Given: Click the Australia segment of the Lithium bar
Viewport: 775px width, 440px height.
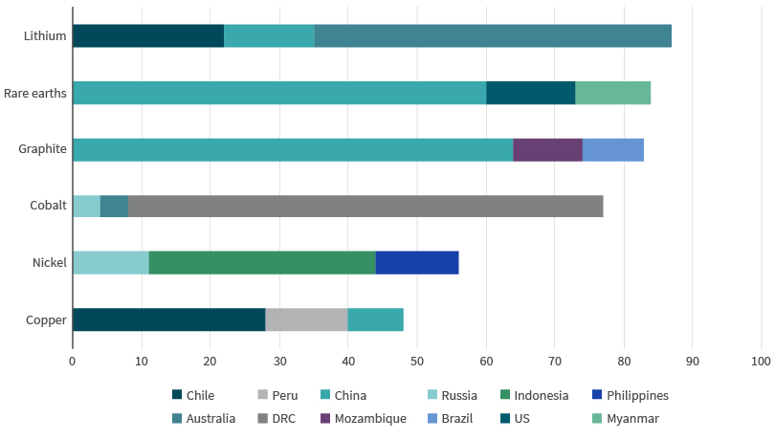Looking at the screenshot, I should pyautogui.click(x=493, y=36).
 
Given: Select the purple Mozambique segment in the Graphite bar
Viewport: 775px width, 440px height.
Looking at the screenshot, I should pyautogui.click(x=547, y=149).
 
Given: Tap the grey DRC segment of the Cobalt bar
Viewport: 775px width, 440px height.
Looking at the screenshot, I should pyautogui.click(x=365, y=206).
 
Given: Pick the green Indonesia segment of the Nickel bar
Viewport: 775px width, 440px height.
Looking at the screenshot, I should pyautogui.click(x=262, y=262).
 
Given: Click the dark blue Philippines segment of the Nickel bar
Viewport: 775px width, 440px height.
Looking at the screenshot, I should pyautogui.click(x=417, y=262).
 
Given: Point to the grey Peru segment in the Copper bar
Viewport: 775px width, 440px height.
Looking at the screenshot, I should pyautogui.click(x=306, y=319).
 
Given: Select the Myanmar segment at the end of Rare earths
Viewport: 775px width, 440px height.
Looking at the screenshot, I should pyautogui.click(x=613, y=93).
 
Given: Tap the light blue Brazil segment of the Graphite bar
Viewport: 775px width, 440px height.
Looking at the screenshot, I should pyautogui.click(x=613, y=149).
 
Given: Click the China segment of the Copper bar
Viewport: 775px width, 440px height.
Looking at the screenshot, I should pyautogui.click(x=376, y=319).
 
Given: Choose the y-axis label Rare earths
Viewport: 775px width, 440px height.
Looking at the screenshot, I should pyautogui.click(x=35, y=93).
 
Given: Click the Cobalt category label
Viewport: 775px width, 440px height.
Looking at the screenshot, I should pyautogui.click(x=48, y=206).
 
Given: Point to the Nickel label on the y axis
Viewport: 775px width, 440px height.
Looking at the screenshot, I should pyautogui.click(x=49, y=262).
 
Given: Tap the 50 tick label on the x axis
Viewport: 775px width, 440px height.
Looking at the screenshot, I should pyautogui.click(x=417, y=362).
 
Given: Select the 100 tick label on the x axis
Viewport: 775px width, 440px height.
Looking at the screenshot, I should pyautogui.click(x=761, y=362).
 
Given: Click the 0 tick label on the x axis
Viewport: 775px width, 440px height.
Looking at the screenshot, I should pyautogui.click(x=73, y=362).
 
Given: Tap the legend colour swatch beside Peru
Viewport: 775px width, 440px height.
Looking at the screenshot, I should pyautogui.click(x=262, y=395).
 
